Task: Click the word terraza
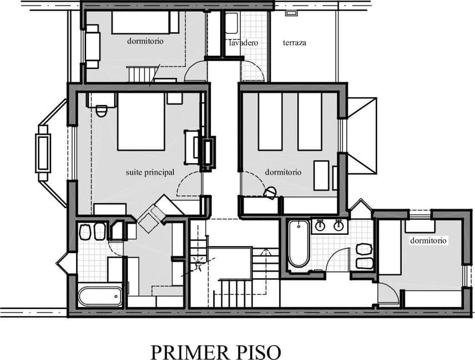pyautogui.click(x=294, y=43)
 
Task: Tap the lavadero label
pyautogui.click(x=243, y=43)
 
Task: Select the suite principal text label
pyautogui.click(x=150, y=172)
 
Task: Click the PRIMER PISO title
pyautogui.click(x=216, y=351)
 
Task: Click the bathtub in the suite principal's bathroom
pyautogui.click(x=100, y=296)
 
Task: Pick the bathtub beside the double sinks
pyautogui.click(x=298, y=243)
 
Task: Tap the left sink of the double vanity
pyautogui.click(x=321, y=226)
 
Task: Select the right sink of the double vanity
pyautogui.click(x=338, y=226)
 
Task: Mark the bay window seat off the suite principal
pyautogui.click(x=42, y=152)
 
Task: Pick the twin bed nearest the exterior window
pyautogui.click(x=310, y=121)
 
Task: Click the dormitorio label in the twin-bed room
pyautogui.click(x=283, y=172)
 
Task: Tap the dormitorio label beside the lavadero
pyautogui.click(x=145, y=41)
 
